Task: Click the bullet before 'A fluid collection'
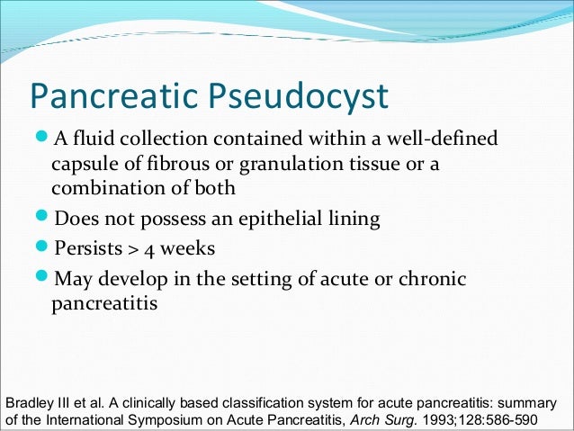click(44, 140)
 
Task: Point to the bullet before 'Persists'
click(44, 247)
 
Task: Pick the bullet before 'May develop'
click(44, 279)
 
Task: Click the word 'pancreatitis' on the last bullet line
click(105, 304)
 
